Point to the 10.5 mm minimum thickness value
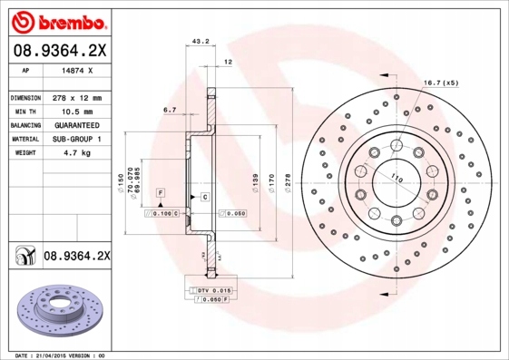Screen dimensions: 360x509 [73, 110]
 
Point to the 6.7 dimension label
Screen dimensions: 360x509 [170, 110]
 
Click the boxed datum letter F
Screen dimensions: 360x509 [159, 194]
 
